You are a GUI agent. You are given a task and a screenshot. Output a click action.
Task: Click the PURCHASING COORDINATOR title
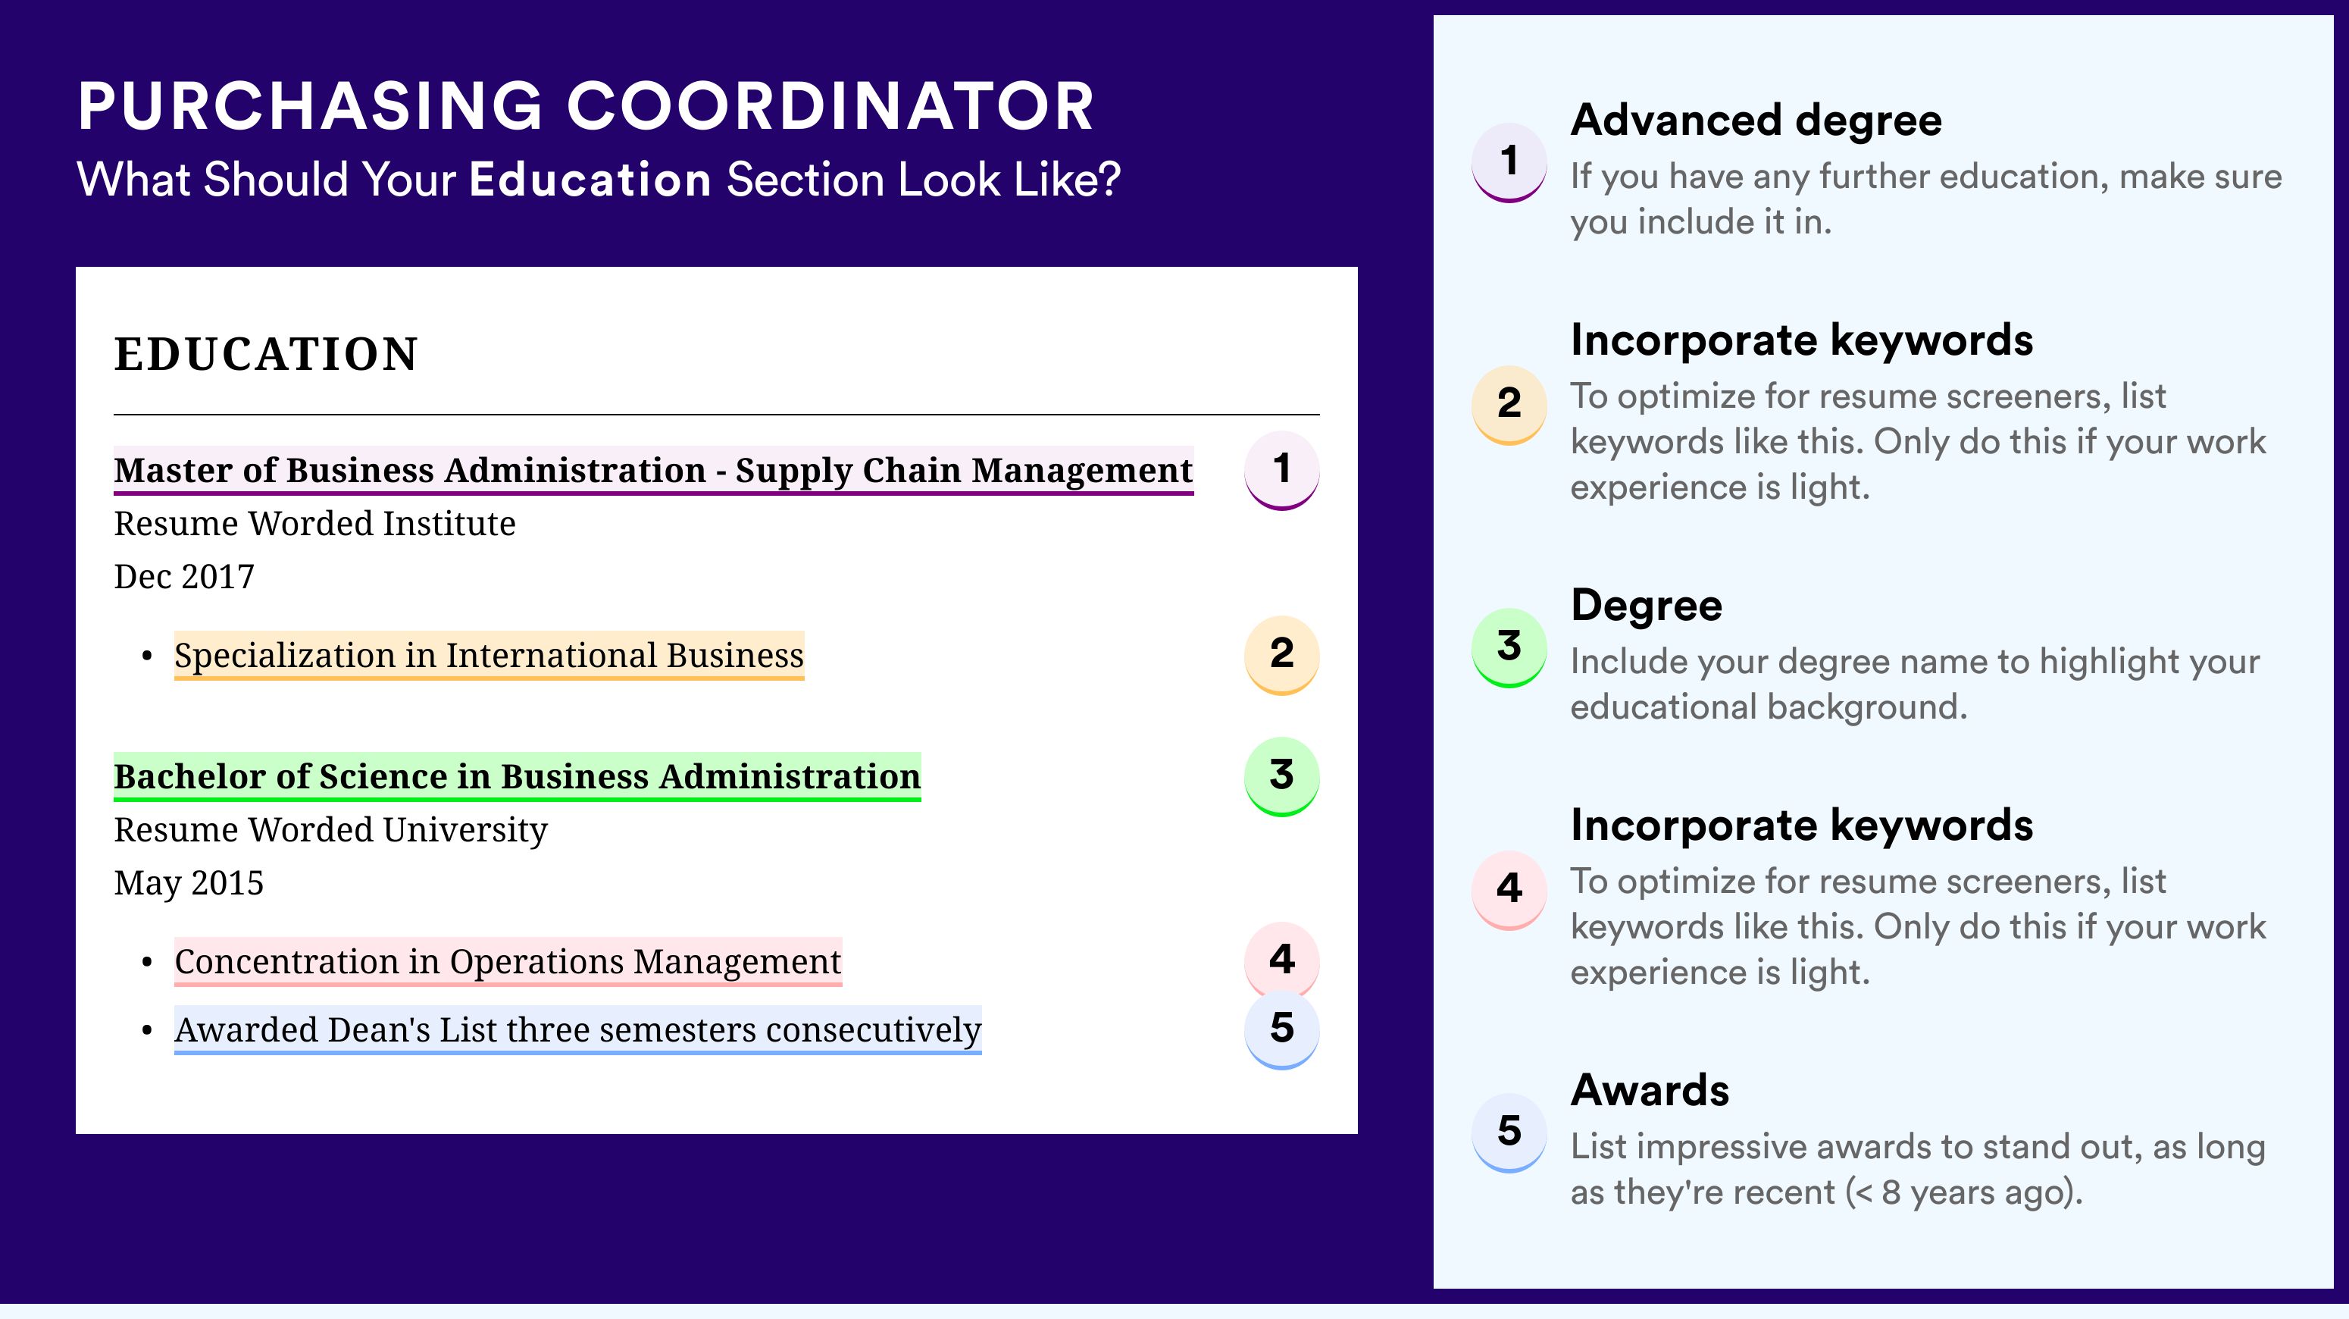click(x=586, y=107)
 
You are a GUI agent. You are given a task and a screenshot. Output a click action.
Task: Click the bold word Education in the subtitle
click(x=590, y=180)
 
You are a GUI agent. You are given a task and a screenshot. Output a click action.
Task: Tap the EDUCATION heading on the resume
click(x=265, y=354)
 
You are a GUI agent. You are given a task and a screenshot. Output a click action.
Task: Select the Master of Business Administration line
click(x=653, y=470)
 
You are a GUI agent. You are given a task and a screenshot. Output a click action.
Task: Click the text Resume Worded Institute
click(x=314, y=524)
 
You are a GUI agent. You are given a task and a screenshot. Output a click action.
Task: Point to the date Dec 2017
click(x=184, y=576)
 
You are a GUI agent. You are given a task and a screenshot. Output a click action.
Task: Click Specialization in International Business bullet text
click(x=489, y=655)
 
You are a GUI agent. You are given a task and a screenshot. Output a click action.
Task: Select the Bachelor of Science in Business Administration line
click(x=517, y=776)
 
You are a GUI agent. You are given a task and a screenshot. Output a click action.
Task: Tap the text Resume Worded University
click(x=330, y=830)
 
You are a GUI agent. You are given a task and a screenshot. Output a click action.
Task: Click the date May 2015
click(x=189, y=883)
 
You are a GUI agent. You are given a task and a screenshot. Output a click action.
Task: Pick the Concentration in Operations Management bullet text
click(x=508, y=961)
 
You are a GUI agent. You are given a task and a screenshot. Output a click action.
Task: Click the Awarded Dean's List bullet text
click(x=577, y=1030)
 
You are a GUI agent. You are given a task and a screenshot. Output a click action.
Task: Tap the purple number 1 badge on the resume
click(x=1281, y=470)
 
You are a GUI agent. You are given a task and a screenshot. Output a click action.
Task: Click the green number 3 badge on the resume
click(x=1281, y=776)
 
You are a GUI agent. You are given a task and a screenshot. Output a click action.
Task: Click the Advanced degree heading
click(x=1756, y=121)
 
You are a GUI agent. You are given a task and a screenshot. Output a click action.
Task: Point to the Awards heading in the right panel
click(x=1650, y=1090)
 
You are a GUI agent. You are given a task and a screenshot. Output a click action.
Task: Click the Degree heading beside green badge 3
click(x=1646, y=606)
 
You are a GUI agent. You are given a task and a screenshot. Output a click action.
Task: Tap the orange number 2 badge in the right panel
click(x=1509, y=404)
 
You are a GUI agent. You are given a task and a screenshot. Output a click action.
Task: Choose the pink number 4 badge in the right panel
click(x=1509, y=889)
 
